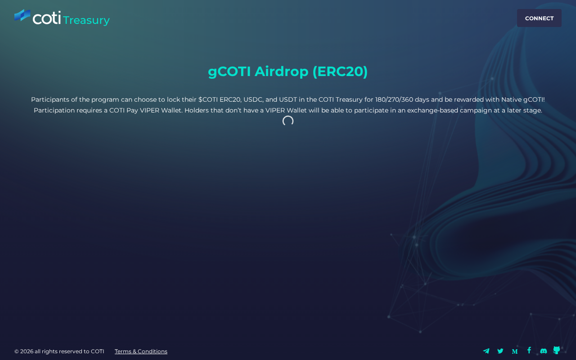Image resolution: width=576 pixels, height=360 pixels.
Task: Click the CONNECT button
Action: click(539, 18)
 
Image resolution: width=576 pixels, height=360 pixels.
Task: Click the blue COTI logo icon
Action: click(22, 15)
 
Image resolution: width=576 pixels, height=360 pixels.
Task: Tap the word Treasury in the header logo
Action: click(86, 20)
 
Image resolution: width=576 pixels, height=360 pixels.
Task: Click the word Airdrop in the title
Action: click(281, 71)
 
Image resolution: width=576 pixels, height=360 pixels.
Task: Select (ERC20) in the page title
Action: click(340, 71)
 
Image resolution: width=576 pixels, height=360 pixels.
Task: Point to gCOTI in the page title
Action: click(229, 71)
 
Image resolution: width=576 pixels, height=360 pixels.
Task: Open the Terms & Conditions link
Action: click(141, 351)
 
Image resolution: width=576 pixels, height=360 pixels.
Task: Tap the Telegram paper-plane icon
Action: click(486, 351)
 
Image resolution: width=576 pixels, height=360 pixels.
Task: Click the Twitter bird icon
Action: click(500, 351)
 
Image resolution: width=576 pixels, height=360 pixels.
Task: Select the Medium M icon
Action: click(514, 351)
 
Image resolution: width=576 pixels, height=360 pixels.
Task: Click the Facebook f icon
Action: click(529, 351)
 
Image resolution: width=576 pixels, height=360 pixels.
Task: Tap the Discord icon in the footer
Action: click(543, 351)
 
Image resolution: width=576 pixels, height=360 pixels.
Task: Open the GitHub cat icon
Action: click(557, 350)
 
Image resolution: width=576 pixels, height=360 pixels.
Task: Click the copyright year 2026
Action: click(27, 351)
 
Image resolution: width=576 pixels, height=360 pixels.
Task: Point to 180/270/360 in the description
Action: click(394, 99)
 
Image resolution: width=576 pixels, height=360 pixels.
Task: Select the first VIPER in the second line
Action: click(149, 110)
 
